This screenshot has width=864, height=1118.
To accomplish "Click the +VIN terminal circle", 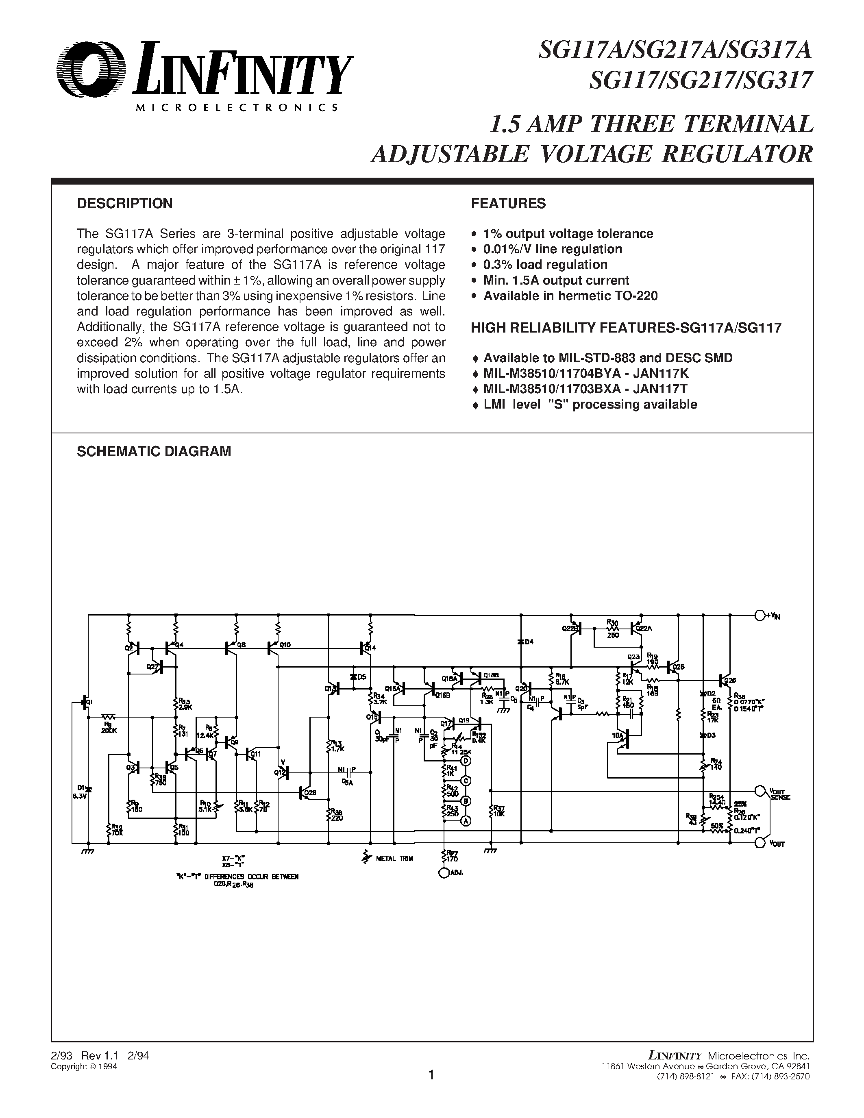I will pos(760,614).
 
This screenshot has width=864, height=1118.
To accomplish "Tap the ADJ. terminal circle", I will pos(443,873).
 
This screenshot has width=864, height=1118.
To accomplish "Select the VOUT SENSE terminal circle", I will pos(760,790).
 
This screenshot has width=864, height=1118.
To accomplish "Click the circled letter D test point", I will pos(466,761).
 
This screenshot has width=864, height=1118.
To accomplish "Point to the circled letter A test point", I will pos(466,820).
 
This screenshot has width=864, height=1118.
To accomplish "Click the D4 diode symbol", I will pos(521,642).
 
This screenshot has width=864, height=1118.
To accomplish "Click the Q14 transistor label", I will pos(370,648).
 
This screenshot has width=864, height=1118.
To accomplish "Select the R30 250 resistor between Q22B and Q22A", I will pos(612,627).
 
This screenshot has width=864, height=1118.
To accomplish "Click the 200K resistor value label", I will pos(109,731).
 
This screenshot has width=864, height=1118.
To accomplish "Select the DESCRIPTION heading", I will pos(124,204).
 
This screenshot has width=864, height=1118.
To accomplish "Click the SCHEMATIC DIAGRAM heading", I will pos(154,451).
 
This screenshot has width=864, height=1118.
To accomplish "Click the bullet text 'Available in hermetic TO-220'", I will pos(570,296).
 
